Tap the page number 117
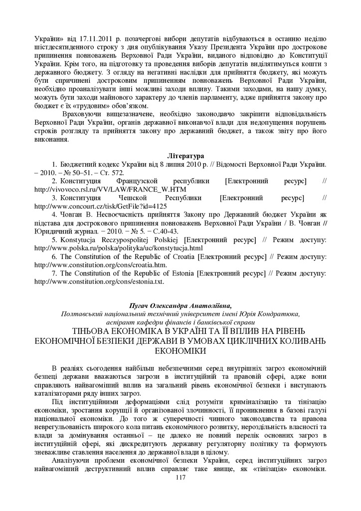click(180, 478)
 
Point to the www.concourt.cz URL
click(100, 206)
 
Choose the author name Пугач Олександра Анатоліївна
click(180, 305)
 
